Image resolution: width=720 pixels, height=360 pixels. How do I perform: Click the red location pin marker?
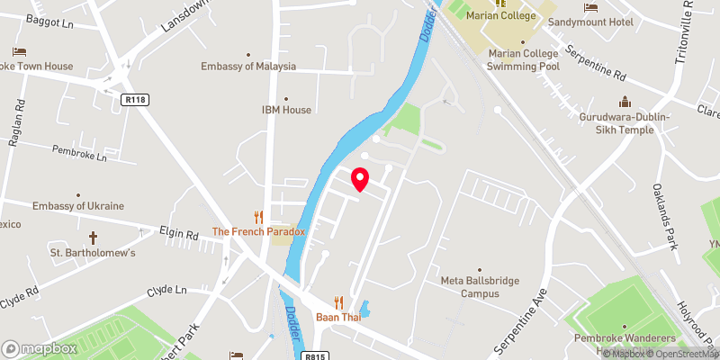tap(360, 179)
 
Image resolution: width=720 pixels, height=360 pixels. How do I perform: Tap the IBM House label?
tap(286, 110)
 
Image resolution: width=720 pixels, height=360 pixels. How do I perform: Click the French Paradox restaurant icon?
tap(258, 217)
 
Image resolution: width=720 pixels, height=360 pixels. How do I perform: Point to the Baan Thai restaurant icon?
tap(339, 301)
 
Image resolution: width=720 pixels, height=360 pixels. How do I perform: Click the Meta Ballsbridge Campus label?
tap(480, 286)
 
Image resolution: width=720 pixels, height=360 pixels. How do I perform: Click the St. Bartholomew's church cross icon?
tap(93, 238)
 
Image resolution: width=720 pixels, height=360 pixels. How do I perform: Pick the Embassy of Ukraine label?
tap(78, 206)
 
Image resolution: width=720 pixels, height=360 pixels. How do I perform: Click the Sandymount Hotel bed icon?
tap(591, 7)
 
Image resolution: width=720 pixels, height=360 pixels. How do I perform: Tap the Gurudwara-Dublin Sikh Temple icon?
tap(622, 103)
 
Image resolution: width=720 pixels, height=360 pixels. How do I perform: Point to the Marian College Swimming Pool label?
tap(523, 58)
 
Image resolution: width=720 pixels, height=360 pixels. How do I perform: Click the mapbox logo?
tap(40, 348)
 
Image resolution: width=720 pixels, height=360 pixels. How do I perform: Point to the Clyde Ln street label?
tap(168, 291)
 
